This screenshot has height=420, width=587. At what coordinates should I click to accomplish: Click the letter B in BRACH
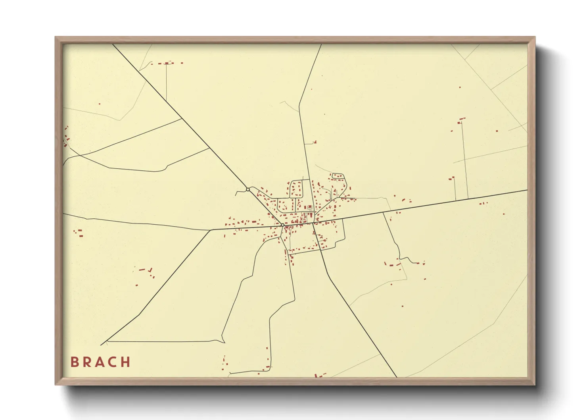pyautogui.click(x=74, y=362)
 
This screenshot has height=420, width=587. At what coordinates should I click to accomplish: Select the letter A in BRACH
pyautogui.click(x=99, y=362)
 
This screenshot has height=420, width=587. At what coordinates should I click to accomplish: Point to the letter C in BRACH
pyautogui.click(x=112, y=362)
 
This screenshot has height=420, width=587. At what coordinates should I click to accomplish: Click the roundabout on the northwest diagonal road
pyautogui.click(x=248, y=189)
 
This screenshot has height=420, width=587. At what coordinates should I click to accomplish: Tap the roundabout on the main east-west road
pyautogui.click(x=282, y=225)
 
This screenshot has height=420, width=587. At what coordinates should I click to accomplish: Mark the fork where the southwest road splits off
pyautogui.click(x=210, y=230)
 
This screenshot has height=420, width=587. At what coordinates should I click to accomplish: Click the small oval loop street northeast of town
pyautogui.click(x=338, y=176)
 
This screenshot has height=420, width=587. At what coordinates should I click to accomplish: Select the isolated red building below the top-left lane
pyautogui.click(x=99, y=104)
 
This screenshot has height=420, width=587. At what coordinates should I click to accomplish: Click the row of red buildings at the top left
pyautogui.click(x=169, y=63)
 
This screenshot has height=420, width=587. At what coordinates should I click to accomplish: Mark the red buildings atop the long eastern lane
pyautogui.click(x=461, y=120)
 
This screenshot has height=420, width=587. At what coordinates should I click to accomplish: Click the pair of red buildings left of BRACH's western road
pyautogui.click(x=78, y=233)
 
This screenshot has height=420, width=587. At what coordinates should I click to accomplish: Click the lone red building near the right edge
pyautogui.click(x=504, y=214)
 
